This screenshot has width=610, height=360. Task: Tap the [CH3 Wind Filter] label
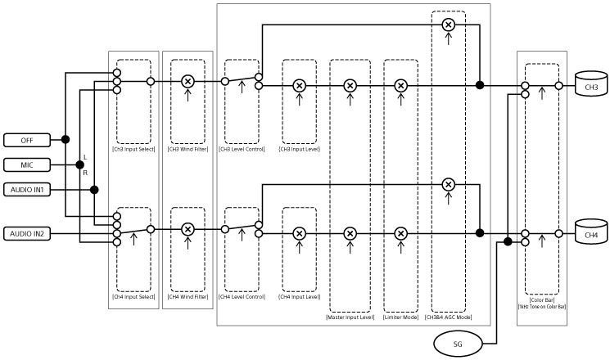pos(187,150)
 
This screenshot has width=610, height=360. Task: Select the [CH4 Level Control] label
pos(242,296)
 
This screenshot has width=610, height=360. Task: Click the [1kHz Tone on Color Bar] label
pos(543,306)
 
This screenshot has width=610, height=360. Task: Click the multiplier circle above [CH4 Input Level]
pos(299,233)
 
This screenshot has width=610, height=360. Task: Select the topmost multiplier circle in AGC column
pos(448,25)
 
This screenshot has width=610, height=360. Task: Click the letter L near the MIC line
pos(85,157)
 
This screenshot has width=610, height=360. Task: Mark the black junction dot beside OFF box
pos(65,140)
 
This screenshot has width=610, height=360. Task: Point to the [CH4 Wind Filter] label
pos(187,296)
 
